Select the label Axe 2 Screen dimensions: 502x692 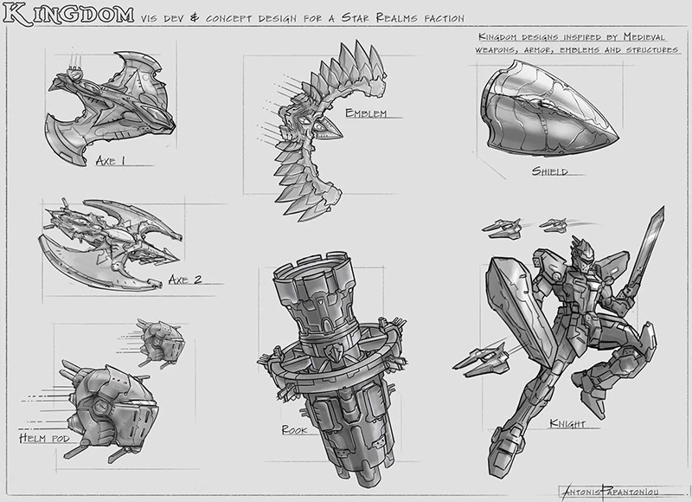pyautogui.click(x=185, y=279)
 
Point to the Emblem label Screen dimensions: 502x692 pyautogui.click(x=364, y=114)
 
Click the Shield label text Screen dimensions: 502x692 pyautogui.click(x=550, y=171)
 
